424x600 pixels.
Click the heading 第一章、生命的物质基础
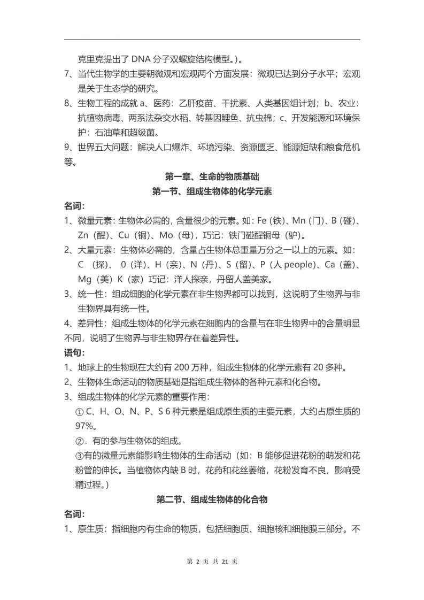212,177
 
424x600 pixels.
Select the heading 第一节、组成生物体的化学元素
212,191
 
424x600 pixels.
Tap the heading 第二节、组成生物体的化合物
212,499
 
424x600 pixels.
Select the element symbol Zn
83,235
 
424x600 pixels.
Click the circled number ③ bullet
79,455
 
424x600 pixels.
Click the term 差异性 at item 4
92,324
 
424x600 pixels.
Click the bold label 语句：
74,352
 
